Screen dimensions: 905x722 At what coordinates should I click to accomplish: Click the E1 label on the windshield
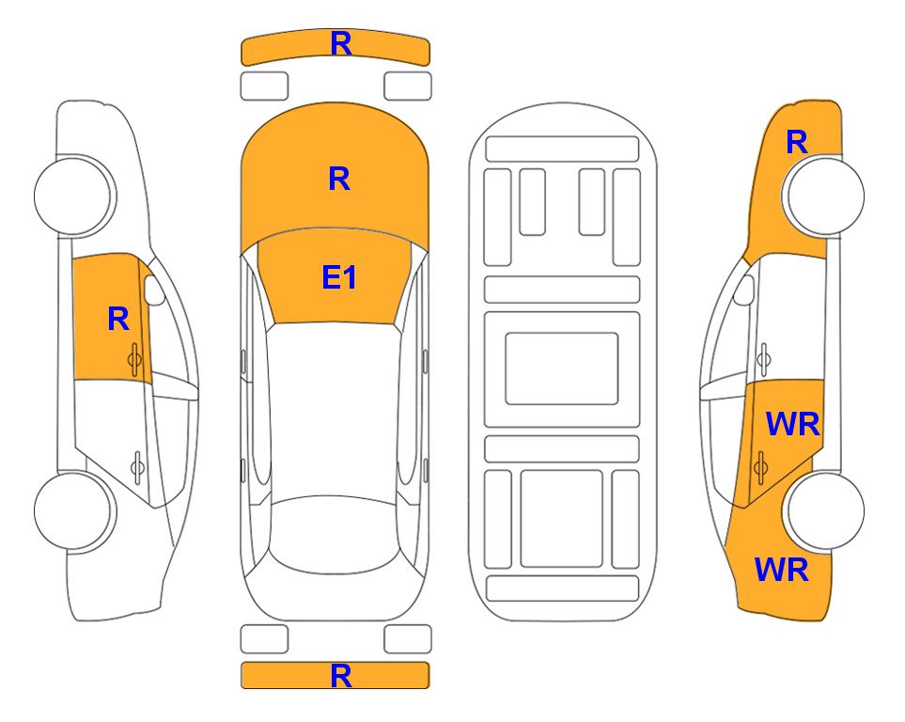pos(339,277)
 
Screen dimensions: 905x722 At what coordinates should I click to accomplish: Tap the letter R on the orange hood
pos(339,179)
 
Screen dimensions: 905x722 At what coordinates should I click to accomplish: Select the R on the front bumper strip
pos(340,44)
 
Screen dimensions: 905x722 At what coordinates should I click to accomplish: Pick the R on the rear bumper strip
pos(340,676)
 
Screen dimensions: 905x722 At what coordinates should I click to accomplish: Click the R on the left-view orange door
pos(118,319)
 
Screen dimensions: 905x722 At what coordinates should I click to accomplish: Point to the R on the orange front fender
pos(797,142)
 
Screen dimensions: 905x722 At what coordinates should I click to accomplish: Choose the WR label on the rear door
pos(792,425)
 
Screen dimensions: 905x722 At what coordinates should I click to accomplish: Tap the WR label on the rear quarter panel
pos(782,570)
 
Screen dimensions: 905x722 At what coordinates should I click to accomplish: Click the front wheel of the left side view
pos(73,196)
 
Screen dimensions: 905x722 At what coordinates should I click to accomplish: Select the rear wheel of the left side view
pos(73,510)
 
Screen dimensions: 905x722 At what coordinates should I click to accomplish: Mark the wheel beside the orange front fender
pos(825,196)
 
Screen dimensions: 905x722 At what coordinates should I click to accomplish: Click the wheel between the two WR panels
pos(825,510)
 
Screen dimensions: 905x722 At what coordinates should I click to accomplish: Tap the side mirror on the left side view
pos(154,290)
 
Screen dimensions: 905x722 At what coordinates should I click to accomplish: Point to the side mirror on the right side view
pos(744,290)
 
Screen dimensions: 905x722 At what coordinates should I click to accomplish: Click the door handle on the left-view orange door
pos(134,359)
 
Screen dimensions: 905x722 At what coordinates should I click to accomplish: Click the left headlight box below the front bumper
pos(264,86)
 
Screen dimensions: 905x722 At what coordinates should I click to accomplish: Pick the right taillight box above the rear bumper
pos(408,639)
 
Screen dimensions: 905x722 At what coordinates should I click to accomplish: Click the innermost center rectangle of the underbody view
pos(562,369)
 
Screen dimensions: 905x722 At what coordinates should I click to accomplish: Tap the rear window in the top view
pos(335,534)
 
